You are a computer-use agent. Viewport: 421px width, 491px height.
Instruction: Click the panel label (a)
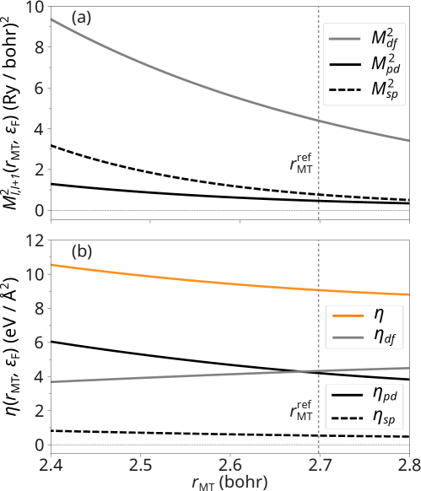point(81,16)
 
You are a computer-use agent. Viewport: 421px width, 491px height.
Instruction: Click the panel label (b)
point(81,251)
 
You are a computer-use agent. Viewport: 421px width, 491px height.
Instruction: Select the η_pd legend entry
point(368,392)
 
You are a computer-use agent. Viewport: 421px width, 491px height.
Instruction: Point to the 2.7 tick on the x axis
point(319,464)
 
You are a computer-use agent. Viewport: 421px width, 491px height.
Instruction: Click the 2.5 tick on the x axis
point(140,464)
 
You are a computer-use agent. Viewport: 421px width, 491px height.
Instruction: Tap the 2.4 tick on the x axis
point(51,464)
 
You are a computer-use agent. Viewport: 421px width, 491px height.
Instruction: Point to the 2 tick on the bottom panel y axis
point(36,411)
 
